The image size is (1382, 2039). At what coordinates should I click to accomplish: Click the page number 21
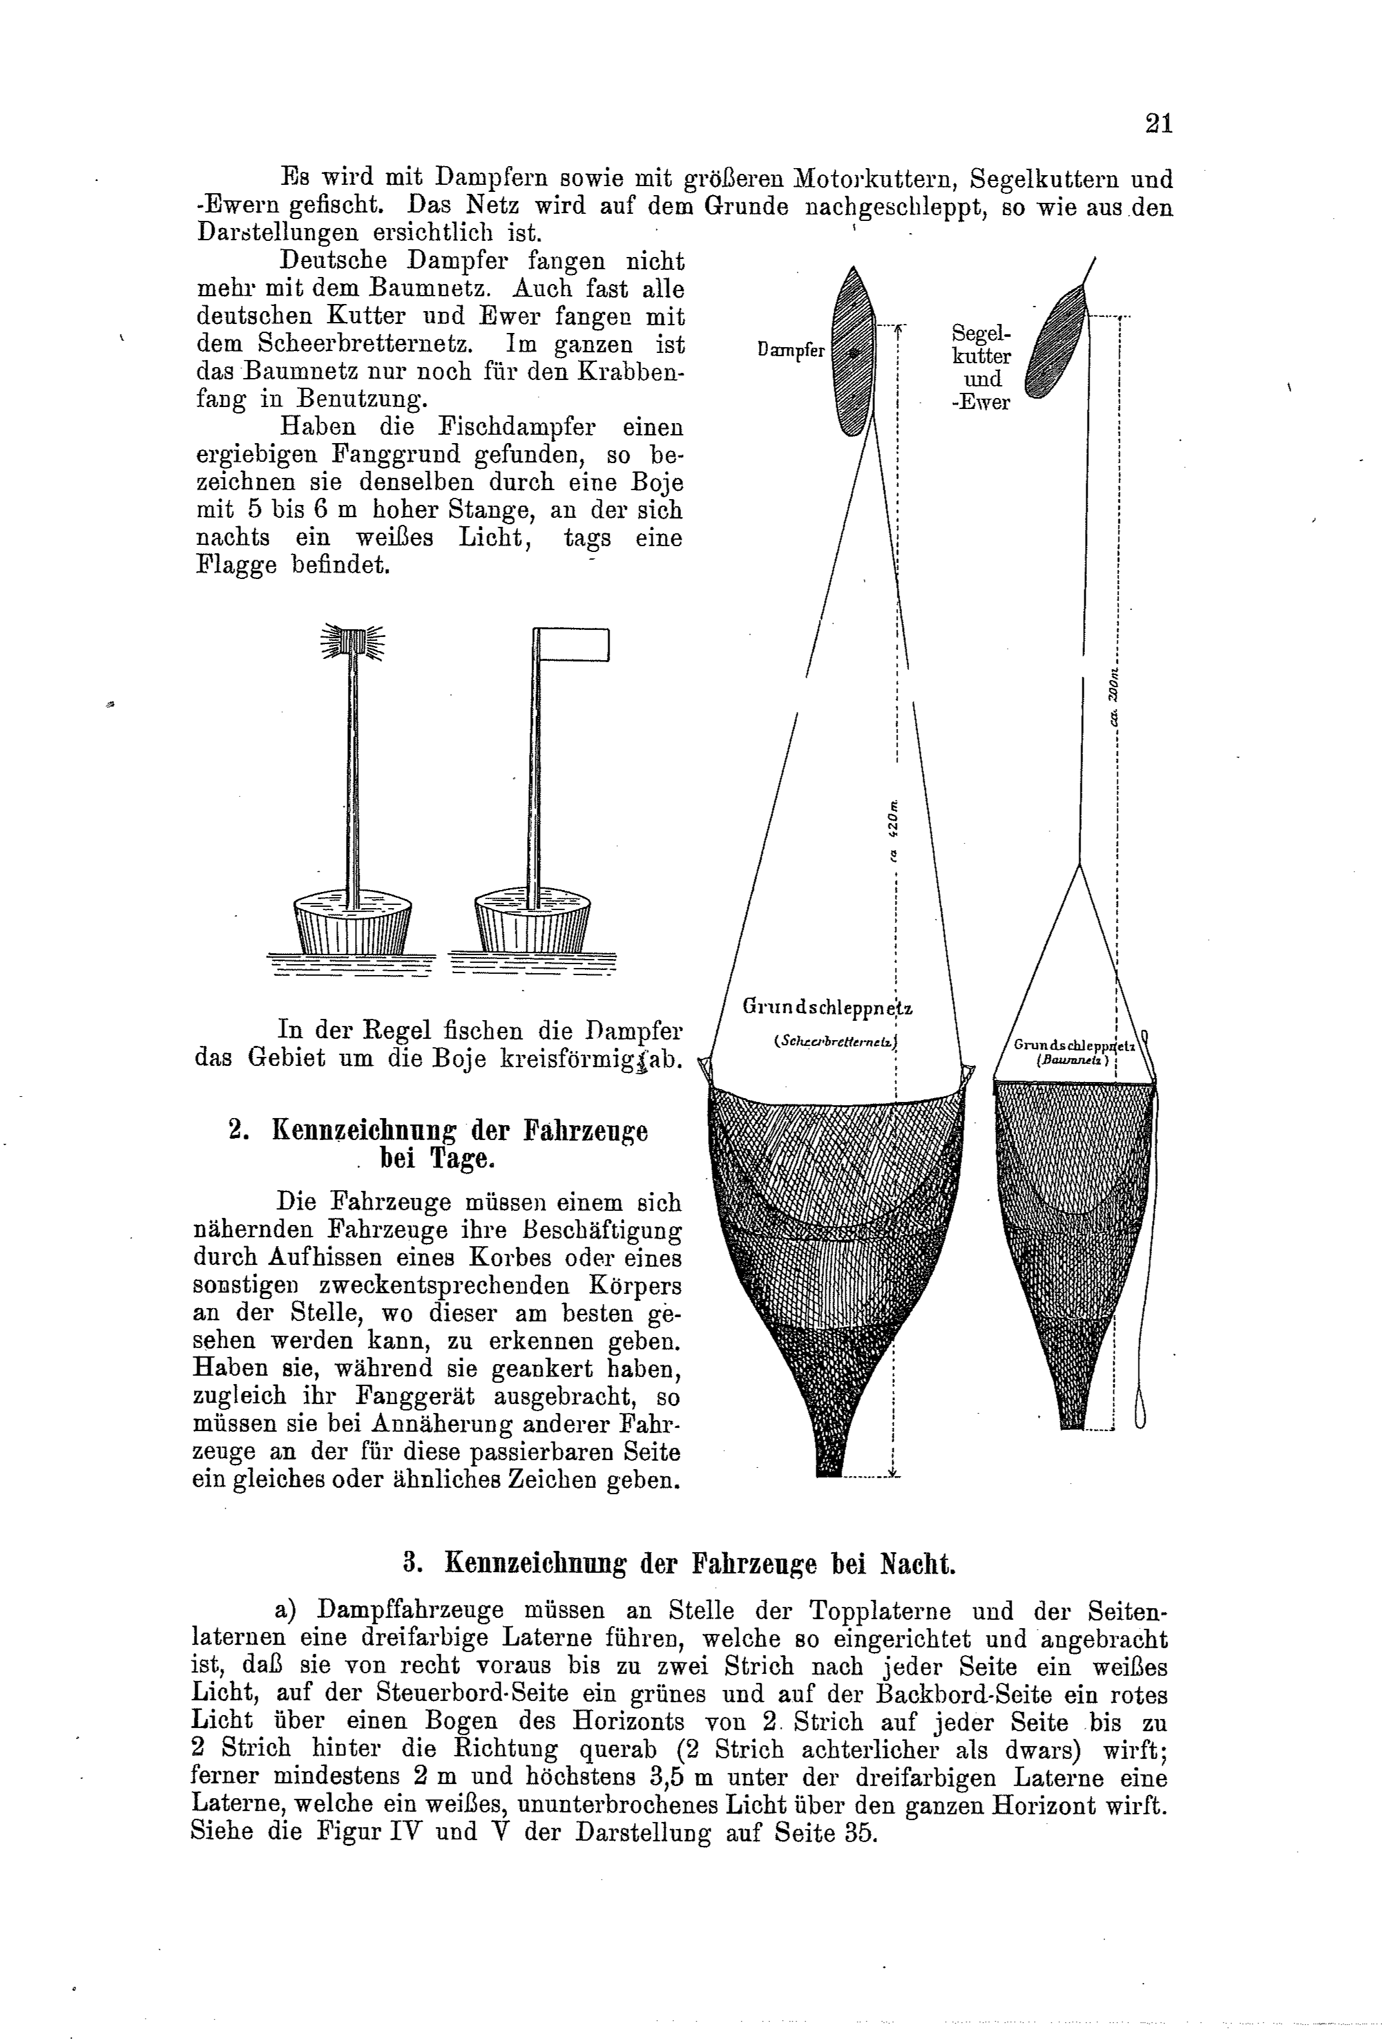click(1158, 124)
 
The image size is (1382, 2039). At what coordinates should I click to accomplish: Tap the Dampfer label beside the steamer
click(791, 350)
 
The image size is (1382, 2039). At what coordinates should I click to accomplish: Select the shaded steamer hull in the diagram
click(853, 351)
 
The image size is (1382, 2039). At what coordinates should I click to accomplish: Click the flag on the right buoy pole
click(571, 644)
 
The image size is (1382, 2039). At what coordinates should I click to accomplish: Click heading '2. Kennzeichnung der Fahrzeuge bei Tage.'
click(438, 1143)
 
